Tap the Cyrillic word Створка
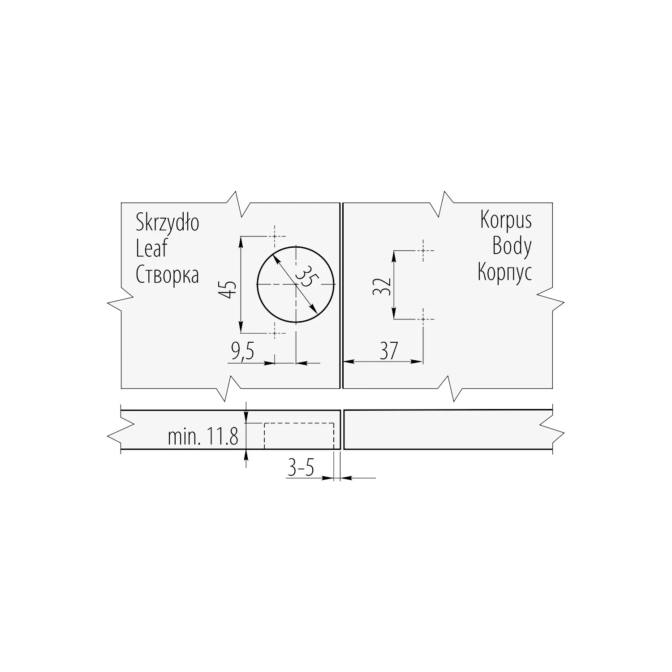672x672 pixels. [167, 274]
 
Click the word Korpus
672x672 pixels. [506, 220]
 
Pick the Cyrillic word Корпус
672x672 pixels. [505, 272]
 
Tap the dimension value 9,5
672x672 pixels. [243, 352]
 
